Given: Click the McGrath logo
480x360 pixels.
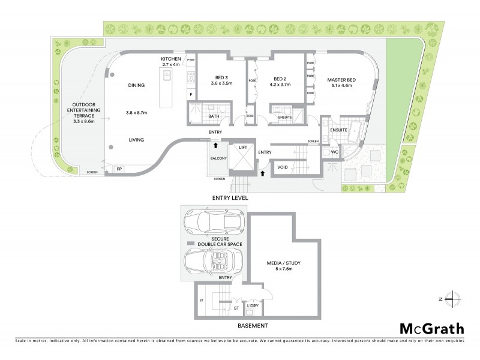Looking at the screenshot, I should coord(431,328).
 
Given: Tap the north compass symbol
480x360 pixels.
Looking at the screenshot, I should coord(451,298).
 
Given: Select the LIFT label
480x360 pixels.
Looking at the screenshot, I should coord(243,146).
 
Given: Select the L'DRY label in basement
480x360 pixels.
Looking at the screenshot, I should coord(253,305).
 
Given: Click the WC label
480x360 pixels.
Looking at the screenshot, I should coord(335,152).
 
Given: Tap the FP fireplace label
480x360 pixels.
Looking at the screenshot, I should coord(118,170).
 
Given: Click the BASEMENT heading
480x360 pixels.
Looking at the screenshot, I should coord(252,326).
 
